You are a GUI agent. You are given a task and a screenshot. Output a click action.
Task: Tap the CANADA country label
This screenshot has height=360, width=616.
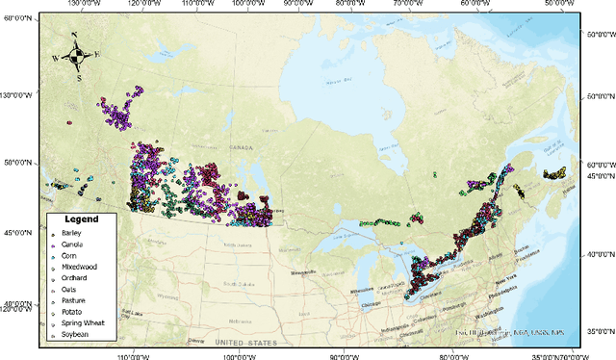241,147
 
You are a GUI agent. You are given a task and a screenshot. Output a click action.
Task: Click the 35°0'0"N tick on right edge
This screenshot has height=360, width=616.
601,330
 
